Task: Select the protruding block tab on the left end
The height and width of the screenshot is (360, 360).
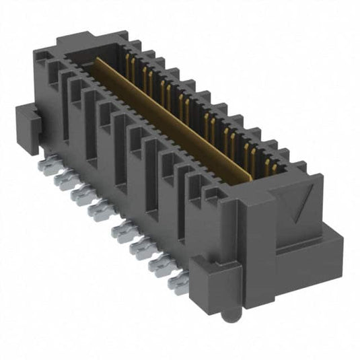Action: (28, 124)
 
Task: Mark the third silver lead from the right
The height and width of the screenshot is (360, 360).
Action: (143, 250)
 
